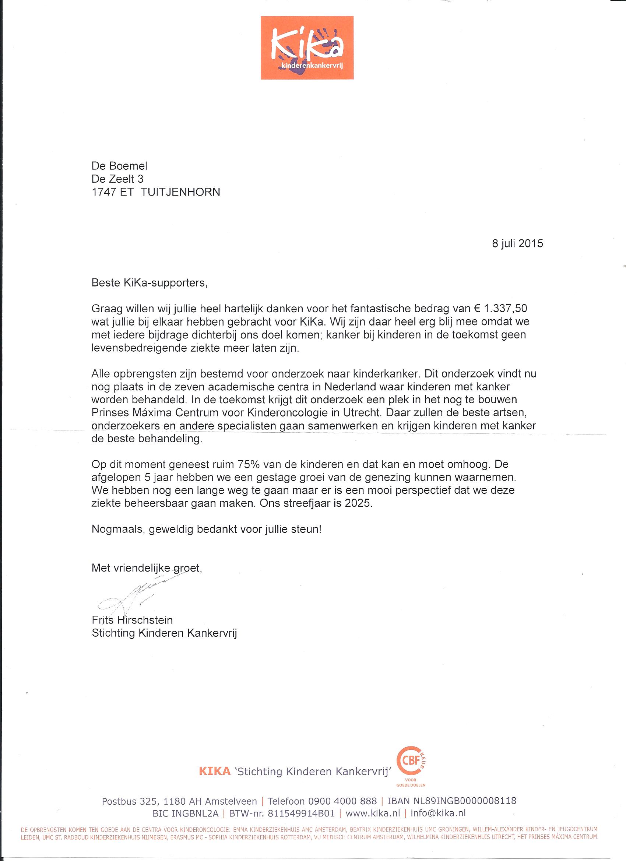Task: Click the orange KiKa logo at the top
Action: [x=307, y=48]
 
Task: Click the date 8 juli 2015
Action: [x=517, y=243]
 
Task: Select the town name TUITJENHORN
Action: [x=180, y=192]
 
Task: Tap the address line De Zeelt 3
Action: [x=117, y=179]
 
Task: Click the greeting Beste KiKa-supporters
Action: [x=149, y=283]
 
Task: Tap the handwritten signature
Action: [x=137, y=595]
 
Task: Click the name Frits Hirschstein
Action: [x=132, y=620]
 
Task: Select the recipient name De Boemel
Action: [x=119, y=166]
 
